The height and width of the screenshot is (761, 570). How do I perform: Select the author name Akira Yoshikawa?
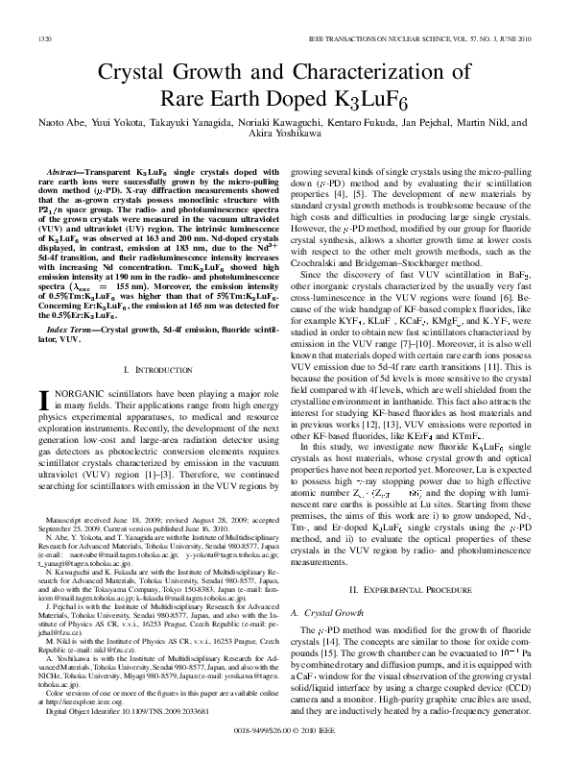[285, 137]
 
